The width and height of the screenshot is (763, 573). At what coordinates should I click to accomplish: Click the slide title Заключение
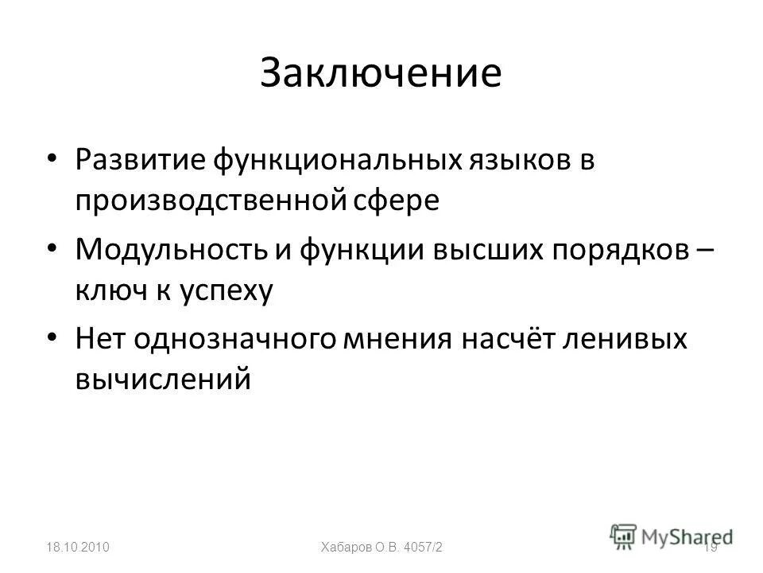[381, 73]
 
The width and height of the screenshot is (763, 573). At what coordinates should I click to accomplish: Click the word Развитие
[140, 160]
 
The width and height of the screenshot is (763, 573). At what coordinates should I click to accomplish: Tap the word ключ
[105, 290]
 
